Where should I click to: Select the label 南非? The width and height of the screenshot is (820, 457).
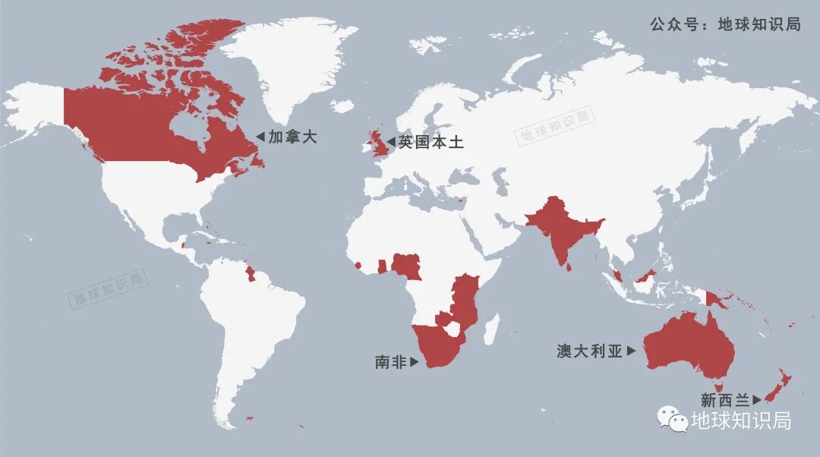tap(391, 362)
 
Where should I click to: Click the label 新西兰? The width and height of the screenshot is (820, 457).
tap(725, 399)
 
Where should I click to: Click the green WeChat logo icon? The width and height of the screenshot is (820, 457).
tap(672, 420)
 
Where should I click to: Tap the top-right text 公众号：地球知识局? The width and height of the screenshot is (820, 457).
tap(725, 24)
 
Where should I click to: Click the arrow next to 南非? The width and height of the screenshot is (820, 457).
tap(415, 363)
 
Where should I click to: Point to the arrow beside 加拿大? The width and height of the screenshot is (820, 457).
tap(260, 137)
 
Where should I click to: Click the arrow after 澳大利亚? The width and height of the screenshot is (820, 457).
tap(631, 351)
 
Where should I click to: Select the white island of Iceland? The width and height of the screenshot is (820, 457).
tap(344, 106)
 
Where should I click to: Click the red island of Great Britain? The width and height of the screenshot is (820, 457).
tap(378, 142)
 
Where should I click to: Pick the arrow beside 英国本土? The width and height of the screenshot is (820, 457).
tap(391, 142)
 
